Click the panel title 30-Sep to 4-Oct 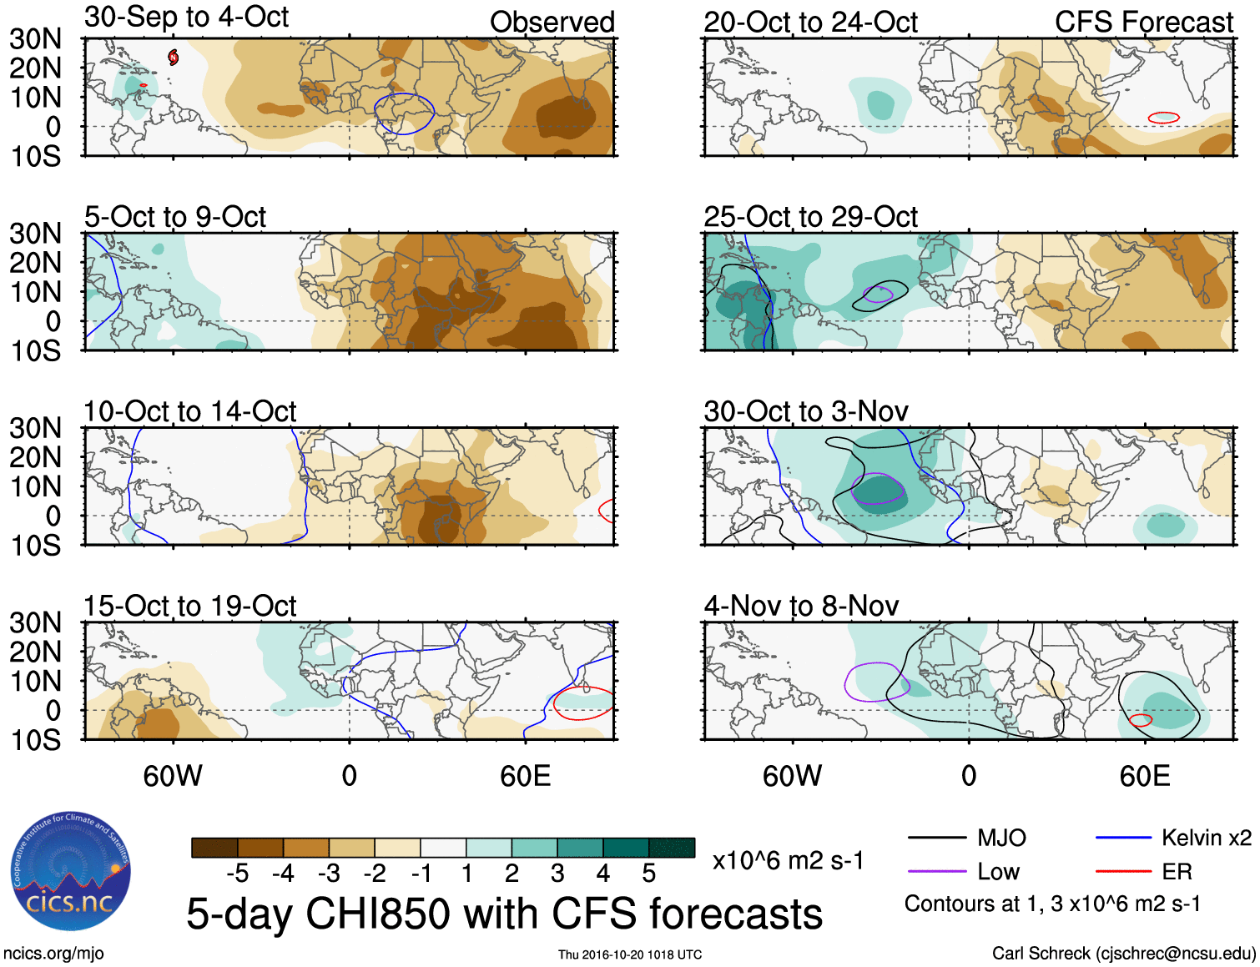(186, 18)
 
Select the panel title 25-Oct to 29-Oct (810, 217)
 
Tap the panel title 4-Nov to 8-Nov (801, 606)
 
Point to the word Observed (552, 23)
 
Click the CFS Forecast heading (1143, 23)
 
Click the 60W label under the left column (173, 776)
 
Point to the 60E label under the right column (1144, 776)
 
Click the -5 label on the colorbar (237, 874)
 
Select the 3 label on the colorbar (557, 874)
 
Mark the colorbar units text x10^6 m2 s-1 (788, 861)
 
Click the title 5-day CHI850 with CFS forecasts (504, 914)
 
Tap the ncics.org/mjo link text (53, 954)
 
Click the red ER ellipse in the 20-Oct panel (1163, 118)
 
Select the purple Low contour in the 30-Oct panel (878, 489)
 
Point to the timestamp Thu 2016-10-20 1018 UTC (630, 954)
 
